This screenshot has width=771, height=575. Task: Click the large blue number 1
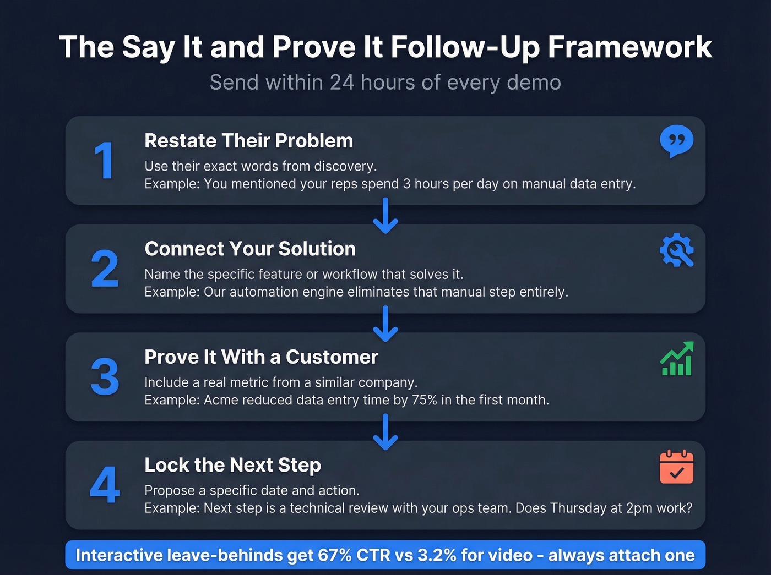(104, 161)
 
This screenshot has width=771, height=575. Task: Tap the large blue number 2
(105, 269)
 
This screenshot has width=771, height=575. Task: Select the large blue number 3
(105, 377)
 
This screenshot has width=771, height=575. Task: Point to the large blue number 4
(105, 485)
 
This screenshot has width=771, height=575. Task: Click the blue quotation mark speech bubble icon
(676, 141)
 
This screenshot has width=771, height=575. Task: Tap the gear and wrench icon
(676, 251)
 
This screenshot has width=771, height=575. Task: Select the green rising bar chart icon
(676, 359)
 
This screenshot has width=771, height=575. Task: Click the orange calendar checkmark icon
(676, 468)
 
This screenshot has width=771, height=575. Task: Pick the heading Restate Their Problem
(248, 141)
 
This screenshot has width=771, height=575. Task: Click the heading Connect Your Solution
(250, 249)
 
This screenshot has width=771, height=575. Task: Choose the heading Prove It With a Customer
(261, 357)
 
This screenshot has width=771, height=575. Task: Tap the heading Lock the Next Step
(232, 465)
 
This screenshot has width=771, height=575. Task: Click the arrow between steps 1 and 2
(385, 216)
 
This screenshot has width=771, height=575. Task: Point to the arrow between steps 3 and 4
(385, 432)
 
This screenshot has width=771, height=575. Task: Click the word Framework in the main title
(630, 47)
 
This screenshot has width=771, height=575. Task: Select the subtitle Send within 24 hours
(385, 83)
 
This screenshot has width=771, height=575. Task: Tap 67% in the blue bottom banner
(334, 555)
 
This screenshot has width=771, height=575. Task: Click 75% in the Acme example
(424, 400)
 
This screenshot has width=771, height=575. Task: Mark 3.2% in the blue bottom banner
(437, 555)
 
